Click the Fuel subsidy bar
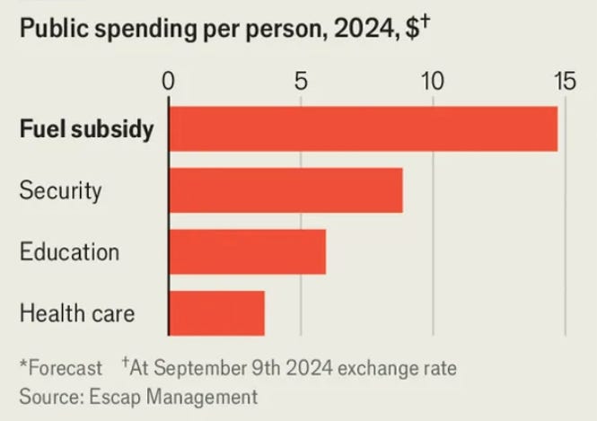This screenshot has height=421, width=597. point(363,129)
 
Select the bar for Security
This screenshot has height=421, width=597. point(285,190)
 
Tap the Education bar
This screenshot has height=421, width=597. point(247,251)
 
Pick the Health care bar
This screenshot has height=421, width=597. point(216,312)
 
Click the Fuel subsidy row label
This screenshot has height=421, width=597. point(86,129)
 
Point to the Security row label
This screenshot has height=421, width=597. point(61,190)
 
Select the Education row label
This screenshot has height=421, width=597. point(69,251)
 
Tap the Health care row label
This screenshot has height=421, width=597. point(77,313)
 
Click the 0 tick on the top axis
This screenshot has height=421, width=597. point(168,81)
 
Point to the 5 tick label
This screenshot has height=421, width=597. point(301,81)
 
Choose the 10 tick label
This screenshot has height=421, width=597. point(433,81)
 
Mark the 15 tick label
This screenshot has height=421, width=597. point(564,81)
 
